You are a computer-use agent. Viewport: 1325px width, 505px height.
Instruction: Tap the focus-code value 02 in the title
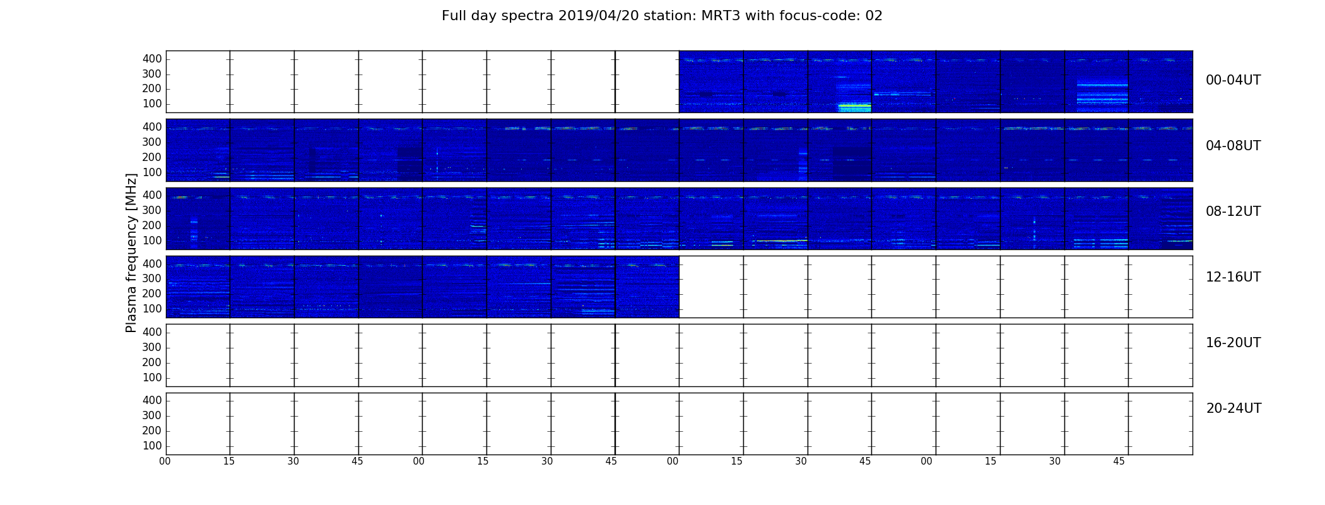[874, 16]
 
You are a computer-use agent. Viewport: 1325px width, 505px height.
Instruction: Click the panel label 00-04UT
[1234, 80]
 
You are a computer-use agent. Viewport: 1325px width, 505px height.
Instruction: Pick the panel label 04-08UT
[1234, 146]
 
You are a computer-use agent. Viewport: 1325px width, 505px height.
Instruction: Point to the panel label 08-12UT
[1234, 211]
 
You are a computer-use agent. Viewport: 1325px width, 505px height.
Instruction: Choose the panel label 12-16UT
[1234, 277]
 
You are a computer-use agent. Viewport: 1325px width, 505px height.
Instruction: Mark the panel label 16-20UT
[1234, 343]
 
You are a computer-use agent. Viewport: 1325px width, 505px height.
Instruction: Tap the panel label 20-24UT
[1234, 408]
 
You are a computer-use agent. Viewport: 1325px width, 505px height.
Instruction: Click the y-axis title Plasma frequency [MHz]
[131, 252]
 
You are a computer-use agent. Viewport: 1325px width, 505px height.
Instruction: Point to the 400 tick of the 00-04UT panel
[152, 59]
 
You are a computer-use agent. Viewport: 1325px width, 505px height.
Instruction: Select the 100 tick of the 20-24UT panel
[152, 446]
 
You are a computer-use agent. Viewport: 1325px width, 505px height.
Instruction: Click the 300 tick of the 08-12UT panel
[152, 210]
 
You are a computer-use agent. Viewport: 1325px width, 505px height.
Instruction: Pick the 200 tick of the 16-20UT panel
[152, 362]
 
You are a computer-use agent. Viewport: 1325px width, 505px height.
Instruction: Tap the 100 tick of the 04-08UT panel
[152, 172]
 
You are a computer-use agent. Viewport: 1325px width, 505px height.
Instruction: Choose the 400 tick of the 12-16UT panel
[152, 264]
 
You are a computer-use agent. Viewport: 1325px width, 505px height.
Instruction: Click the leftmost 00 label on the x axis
[165, 461]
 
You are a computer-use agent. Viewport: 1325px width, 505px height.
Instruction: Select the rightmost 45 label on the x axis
[1119, 461]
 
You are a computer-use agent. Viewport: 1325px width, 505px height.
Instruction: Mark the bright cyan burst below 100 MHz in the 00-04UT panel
[854, 107]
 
